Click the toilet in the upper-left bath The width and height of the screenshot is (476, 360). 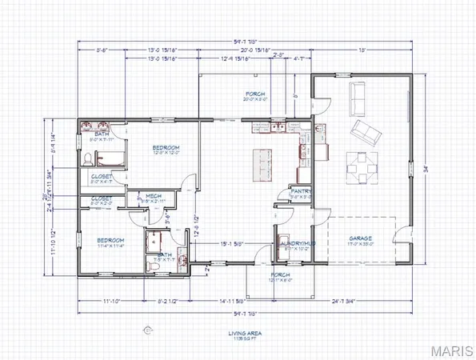coord(88,158)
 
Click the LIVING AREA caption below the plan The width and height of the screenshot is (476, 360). coord(238,334)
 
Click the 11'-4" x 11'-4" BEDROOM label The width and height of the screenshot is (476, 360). coord(110,242)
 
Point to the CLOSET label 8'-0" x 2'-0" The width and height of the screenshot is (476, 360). coord(102,200)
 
